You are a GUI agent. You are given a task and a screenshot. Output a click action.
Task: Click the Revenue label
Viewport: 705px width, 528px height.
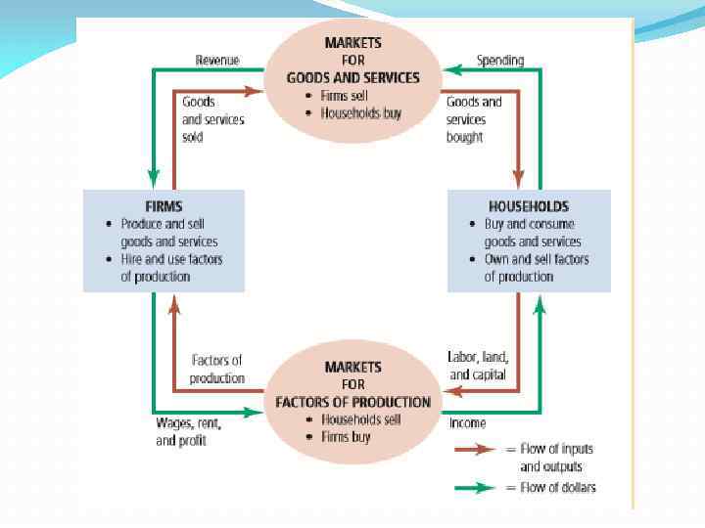point(216,61)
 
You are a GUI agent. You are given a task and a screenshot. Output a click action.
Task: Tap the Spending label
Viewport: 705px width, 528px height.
point(499,61)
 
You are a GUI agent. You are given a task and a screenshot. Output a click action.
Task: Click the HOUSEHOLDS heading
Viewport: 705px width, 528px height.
point(529,206)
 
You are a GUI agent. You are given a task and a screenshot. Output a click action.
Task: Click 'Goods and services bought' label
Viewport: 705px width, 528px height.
point(474,119)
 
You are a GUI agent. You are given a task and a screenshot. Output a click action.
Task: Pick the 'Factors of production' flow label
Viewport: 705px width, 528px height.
point(216,370)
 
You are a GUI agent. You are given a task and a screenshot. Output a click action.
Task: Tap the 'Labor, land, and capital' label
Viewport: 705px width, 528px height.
point(478,366)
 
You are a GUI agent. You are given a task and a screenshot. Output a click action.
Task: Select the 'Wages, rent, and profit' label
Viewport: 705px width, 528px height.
point(189,432)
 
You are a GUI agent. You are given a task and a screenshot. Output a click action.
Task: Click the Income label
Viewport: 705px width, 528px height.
point(467,423)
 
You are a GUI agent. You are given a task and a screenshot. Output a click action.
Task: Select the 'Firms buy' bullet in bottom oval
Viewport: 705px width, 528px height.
point(346,437)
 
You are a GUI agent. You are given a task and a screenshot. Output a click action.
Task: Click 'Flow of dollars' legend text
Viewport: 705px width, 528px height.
point(557,487)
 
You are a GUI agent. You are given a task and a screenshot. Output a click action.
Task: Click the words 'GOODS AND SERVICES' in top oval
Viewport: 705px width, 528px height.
point(352,77)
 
